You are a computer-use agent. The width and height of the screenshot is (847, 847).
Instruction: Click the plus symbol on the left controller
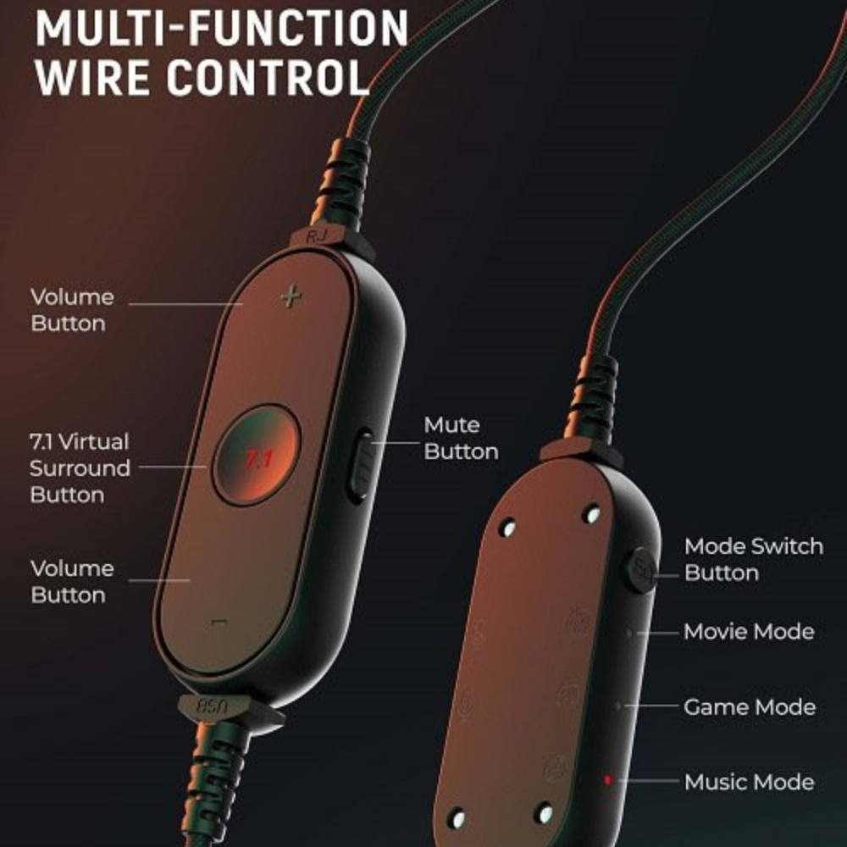point(291,296)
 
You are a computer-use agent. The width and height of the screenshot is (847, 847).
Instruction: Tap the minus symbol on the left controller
point(219,623)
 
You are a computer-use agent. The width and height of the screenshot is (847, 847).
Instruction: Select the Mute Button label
point(461,438)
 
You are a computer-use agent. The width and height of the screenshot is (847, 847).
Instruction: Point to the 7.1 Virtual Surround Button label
point(80,468)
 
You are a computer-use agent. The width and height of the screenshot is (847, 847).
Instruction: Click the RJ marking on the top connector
point(317,235)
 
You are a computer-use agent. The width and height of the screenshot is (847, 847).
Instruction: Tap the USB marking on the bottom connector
point(213,706)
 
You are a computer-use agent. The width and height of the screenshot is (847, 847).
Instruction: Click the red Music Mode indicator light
point(607,779)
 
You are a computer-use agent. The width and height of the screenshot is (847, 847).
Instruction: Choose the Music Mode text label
point(750,782)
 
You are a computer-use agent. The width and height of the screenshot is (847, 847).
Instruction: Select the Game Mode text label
point(750,706)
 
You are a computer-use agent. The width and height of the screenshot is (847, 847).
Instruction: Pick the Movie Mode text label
point(750,632)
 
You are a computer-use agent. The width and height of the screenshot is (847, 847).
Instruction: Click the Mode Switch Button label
point(754,559)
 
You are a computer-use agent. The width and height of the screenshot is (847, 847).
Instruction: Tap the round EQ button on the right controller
point(641,570)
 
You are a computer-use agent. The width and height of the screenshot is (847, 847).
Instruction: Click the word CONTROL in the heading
point(268,77)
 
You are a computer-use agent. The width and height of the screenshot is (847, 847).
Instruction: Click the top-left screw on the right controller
point(507,527)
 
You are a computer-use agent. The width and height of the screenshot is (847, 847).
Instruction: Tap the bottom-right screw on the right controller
point(544,813)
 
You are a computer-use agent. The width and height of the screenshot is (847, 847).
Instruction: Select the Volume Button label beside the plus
point(72,310)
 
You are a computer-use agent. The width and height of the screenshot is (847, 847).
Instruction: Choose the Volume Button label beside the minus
point(72,581)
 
